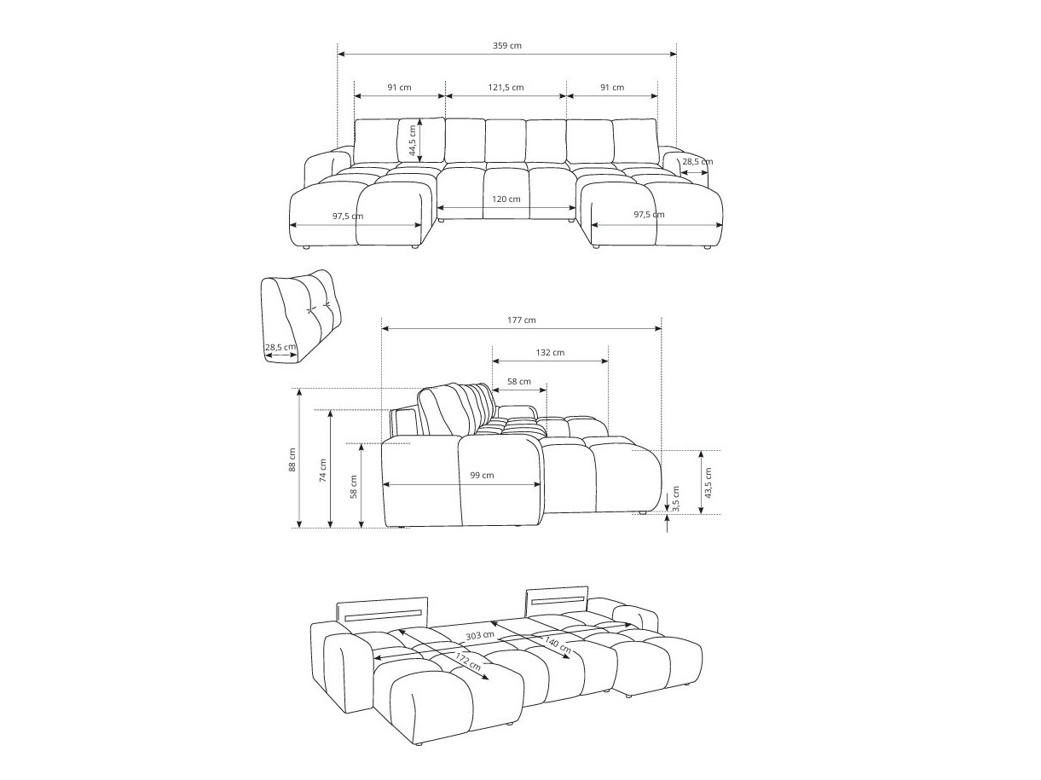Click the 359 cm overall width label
coord(507,45)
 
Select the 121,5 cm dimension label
coord(506,87)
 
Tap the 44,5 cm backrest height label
coord(412,141)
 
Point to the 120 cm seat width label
coord(506,199)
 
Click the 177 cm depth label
coord(521,321)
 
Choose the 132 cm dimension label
coord(550,352)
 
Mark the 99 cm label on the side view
coord(482,476)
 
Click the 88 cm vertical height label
coord(292,459)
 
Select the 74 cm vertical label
coord(322,471)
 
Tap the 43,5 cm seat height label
coord(708,482)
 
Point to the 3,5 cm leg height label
coord(675,498)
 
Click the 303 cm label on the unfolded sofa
coord(479,635)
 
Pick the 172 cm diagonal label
coord(463,661)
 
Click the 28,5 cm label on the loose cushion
coord(280,347)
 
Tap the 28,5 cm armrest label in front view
coord(697,161)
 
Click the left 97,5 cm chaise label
coord(348,216)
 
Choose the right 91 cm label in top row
coord(611,87)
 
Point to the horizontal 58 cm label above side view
coord(518,381)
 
